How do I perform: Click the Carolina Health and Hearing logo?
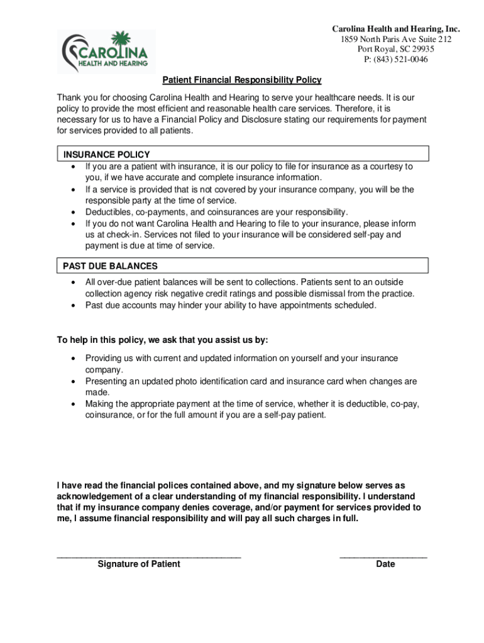[106, 51]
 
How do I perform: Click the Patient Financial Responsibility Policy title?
[242, 80]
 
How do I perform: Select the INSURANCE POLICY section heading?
[106, 154]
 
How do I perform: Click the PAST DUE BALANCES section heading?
[110, 266]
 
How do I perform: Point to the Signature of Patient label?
[138, 564]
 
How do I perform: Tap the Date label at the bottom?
[385, 564]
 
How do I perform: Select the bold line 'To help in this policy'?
[162, 340]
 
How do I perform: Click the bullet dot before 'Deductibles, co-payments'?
[74, 212]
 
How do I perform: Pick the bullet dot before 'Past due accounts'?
[74, 306]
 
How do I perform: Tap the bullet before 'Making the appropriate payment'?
[74, 404]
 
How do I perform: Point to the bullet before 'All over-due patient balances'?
[74, 283]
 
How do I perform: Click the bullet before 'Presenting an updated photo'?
[74, 381]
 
